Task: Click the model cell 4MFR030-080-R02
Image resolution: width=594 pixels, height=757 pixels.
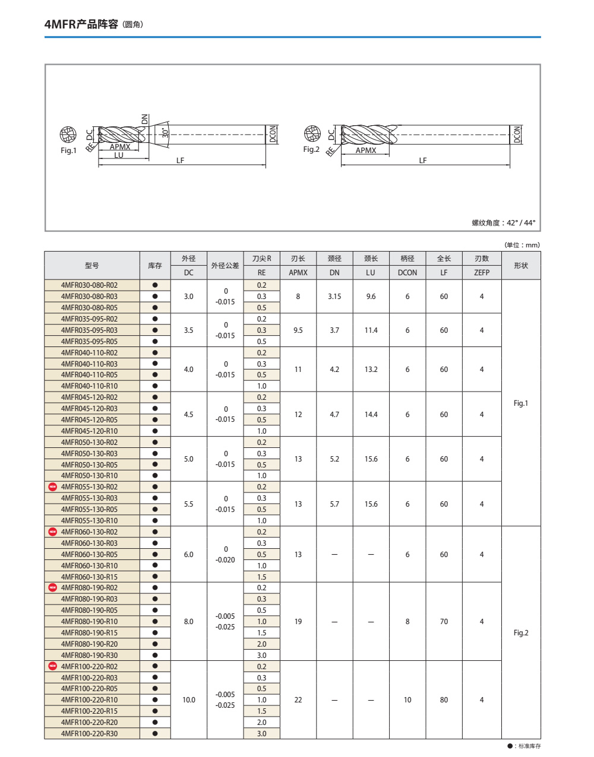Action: [x=89, y=285]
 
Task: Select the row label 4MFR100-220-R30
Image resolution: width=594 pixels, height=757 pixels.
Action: [x=89, y=734]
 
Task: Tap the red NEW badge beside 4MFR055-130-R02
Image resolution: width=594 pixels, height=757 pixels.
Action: [x=52, y=487]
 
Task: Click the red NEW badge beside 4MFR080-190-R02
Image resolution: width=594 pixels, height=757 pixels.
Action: [x=52, y=588]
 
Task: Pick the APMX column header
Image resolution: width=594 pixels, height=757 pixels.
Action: [x=298, y=273]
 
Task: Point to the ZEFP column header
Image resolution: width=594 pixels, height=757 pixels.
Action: [x=482, y=273]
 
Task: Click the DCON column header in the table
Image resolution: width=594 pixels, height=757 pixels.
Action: [x=407, y=273]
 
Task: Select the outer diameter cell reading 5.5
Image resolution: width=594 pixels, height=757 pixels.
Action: [x=188, y=504]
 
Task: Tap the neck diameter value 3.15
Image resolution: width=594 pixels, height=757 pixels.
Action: [x=334, y=297]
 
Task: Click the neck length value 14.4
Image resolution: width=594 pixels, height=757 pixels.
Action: [x=371, y=415]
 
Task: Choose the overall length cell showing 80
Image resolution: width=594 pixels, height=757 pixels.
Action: [x=444, y=700]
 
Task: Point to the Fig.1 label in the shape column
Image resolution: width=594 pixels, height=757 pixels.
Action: [x=520, y=403]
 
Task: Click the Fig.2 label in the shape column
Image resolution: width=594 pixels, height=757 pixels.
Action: [x=520, y=633]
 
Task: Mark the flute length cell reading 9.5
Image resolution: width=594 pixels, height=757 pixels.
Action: [x=298, y=330]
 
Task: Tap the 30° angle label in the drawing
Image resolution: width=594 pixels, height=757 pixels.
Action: [x=166, y=131]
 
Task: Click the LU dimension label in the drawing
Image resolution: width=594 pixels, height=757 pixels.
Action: [x=119, y=155]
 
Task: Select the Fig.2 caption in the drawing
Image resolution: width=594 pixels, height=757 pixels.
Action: [x=311, y=150]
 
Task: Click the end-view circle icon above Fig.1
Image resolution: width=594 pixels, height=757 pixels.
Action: [x=68, y=135]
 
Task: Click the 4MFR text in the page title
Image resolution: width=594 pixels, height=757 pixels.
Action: [x=61, y=24]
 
